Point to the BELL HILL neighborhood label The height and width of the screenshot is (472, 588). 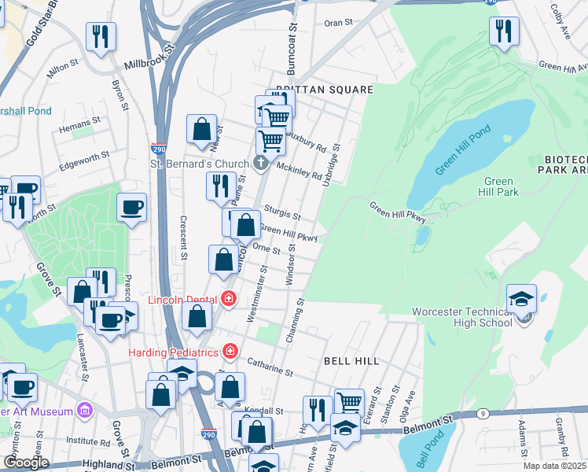[351, 361]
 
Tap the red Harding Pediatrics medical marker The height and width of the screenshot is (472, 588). [230, 350]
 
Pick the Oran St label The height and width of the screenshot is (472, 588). [339, 23]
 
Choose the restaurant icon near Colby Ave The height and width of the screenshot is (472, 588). [504, 31]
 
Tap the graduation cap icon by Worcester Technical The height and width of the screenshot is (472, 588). [521, 299]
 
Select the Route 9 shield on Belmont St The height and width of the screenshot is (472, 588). [483, 412]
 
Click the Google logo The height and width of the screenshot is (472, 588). [27, 463]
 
